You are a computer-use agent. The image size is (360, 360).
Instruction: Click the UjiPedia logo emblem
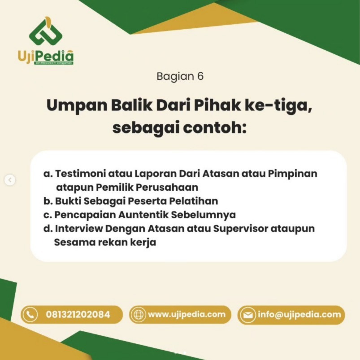click(x=46, y=31)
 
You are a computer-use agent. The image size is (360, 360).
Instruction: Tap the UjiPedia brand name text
click(x=46, y=56)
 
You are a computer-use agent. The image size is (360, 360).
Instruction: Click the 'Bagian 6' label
click(x=180, y=76)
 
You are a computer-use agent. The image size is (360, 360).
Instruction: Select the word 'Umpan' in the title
click(x=77, y=106)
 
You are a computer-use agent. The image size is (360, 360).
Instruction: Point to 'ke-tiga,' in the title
click(x=278, y=106)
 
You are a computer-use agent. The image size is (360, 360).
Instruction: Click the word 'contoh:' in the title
click(x=214, y=128)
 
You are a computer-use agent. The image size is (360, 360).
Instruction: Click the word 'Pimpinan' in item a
click(x=292, y=174)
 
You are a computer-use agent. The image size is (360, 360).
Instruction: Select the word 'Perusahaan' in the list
click(x=167, y=187)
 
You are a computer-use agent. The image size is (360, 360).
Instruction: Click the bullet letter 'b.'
click(x=48, y=201)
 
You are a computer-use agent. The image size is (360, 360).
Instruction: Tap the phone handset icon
click(x=30, y=315)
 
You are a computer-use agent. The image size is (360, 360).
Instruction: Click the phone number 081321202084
click(x=78, y=315)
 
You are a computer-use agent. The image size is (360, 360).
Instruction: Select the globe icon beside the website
click(x=138, y=315)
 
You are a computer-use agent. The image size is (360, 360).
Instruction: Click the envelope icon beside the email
click(x=247, y=315)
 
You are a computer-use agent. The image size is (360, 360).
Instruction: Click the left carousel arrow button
click(x=10, y=180)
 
